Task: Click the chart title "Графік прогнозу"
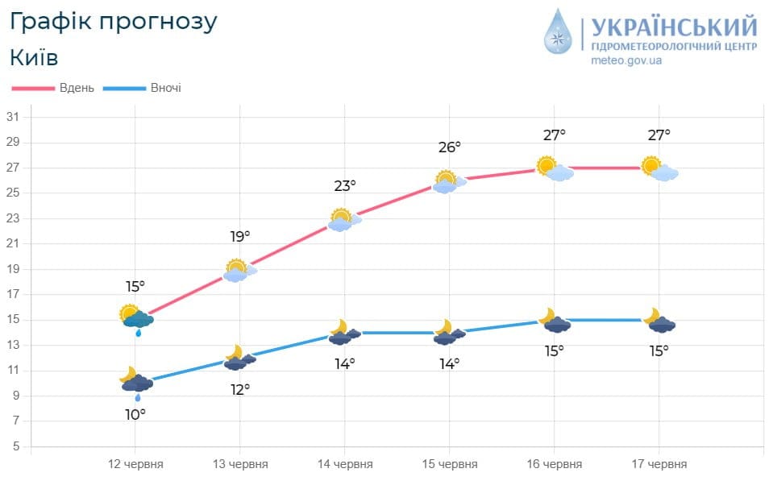click(114, 22)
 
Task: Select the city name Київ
click(35, 58)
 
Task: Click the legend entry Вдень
click(77, 88)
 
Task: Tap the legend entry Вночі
click(165, 88)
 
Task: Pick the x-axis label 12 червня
click(135, 465)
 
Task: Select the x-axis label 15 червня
click(450, 465)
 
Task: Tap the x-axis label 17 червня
click(659, 465)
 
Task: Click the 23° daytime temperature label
click(345, 186)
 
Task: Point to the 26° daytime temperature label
click(450, 147)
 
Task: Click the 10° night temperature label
click(135, 414)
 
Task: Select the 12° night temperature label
click(240, 389)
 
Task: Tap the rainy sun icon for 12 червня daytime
click(136, 319)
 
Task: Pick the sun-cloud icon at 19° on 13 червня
click(239, 271)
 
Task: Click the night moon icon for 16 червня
click(555, 321)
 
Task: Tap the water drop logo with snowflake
click(557, 31)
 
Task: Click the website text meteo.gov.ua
click(626, 61)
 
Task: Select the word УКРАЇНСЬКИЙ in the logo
click(674, 27)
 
